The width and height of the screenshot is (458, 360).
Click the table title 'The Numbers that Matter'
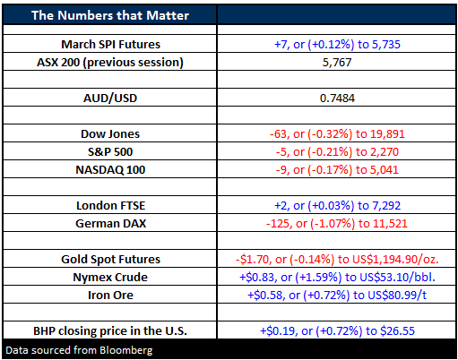click(110, 15)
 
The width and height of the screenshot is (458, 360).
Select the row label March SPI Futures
click(110, 44)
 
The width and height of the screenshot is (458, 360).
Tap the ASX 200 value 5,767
click(337, 63)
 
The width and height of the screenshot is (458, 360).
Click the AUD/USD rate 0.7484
click(337, 99)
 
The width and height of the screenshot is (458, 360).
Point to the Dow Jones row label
click(110, 134)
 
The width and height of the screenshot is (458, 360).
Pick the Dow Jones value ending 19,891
click(337, 134)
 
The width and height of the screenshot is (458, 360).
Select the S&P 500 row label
click(110, 152)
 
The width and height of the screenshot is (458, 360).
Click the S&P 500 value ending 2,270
click(337, 152)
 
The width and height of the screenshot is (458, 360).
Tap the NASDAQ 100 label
click(110, 170)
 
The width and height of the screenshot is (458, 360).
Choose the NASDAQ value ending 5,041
click(337, 170)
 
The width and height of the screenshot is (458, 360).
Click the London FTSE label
click(110, 206)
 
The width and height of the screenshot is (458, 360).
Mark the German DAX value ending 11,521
click(337, 224)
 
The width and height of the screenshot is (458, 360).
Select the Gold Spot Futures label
click(110, 260)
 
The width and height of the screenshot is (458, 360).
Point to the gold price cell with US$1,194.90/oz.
click(337, 260)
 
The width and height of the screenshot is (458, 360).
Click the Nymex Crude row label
click(110, 278)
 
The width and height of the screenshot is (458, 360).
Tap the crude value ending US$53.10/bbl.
click(337, 278)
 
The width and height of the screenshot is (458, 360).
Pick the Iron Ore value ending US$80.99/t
click(337, 296)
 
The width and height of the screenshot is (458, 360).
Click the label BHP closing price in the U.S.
click(110, 331)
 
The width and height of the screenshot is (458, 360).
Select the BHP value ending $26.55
click(337, 331)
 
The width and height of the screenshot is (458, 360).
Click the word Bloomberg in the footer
click(126, 350)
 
